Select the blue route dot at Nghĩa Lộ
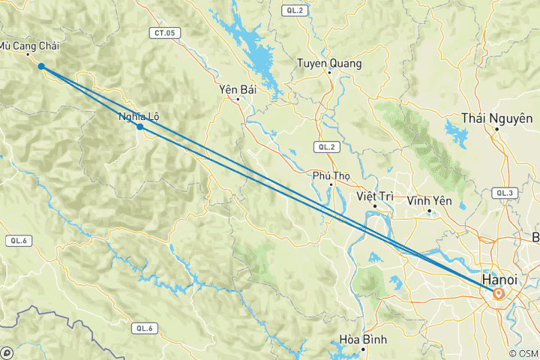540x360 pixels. (x=140, y=127)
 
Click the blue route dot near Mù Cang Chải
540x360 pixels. (x=41, y=67)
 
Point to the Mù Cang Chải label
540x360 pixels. (x=28, y=46)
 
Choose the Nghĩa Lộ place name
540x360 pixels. (x=139, y=116)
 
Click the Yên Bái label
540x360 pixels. (x=238, y=89)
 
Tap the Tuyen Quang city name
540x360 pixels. (x=329, y=64)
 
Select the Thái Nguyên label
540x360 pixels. (x=497, y=118)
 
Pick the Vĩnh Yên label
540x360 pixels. (x=428, y=201)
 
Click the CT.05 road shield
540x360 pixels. (x=165, y=32)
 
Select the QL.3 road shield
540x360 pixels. (x=504, y=193)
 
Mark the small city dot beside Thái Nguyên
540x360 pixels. (x=497, y=129)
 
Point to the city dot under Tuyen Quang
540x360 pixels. (x=329, y=73)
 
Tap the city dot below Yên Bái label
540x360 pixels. (x=238, y=98)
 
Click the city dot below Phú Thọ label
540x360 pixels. (x=331, y=184)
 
